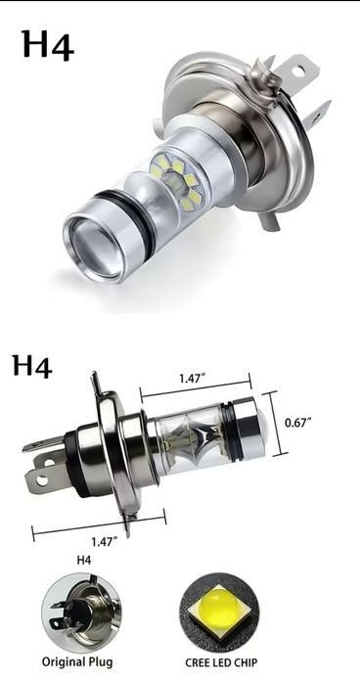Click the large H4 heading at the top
48,44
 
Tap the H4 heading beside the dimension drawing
32,365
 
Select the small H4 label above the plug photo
84,560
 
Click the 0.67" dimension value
298,423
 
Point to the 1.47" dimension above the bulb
192,378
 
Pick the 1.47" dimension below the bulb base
104,541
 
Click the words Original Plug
77,662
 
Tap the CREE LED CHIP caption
221,662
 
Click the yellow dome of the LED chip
219,608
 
